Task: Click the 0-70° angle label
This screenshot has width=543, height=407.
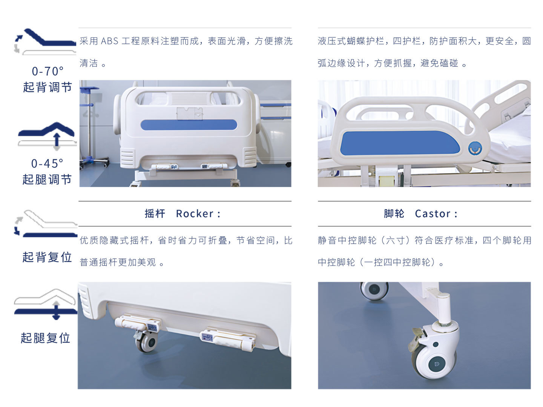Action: point(48,71)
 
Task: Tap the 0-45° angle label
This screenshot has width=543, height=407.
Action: point(47,164)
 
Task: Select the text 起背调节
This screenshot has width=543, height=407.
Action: point(48,88)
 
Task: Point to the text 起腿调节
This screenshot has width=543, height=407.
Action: point(47,180)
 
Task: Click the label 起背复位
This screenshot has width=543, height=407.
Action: point(47,257)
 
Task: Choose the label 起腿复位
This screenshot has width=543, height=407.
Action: point(46,338)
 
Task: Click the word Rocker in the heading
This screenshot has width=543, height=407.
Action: point(195,214)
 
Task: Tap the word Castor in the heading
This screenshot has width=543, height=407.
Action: point(433,214)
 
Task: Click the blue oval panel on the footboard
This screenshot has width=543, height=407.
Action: point(189,125)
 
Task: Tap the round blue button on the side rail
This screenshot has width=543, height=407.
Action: point(475,149)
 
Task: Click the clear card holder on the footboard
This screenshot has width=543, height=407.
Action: point(190,114)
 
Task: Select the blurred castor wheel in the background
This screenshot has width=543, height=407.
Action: point(374,290)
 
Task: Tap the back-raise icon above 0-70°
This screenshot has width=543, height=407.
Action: point(45,41)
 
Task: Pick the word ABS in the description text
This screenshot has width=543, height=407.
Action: point(110,41)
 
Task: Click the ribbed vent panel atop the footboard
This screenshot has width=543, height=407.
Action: point(189,98)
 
